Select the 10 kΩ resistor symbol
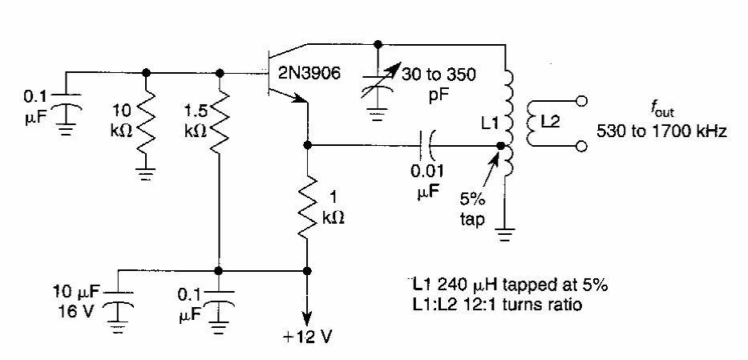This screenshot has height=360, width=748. point(146,121)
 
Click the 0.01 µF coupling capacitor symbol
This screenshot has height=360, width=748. point(429,146)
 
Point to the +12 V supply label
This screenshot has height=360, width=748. point(305,334)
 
